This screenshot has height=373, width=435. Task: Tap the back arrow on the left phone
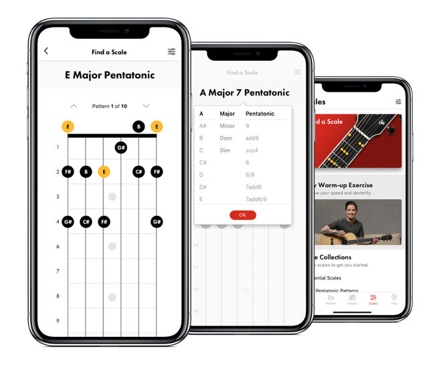[46, 51]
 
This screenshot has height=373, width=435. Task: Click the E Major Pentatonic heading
[110, 76]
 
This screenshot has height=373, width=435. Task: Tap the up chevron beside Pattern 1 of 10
[74, 106]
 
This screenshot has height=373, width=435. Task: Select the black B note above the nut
[139, 126]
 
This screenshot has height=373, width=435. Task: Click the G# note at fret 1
[120, 147]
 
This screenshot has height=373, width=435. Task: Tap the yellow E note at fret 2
[104, 172]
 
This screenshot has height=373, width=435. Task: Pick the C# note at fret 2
[139, 172]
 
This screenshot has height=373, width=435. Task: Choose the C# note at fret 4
[86, 221]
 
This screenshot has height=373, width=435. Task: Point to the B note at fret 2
[86, 172]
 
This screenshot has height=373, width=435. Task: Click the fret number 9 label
[58, 321]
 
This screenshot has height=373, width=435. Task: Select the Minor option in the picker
[228, 126]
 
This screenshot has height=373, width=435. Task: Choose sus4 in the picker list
[252, 150]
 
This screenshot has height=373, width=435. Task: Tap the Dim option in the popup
[225, 150]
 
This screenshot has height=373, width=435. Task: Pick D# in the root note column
[203, 187]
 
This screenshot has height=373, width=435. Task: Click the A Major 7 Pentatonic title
[244, 93]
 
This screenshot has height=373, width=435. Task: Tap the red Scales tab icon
[373, 298]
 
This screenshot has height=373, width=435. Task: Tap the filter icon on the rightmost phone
[398, 102]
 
